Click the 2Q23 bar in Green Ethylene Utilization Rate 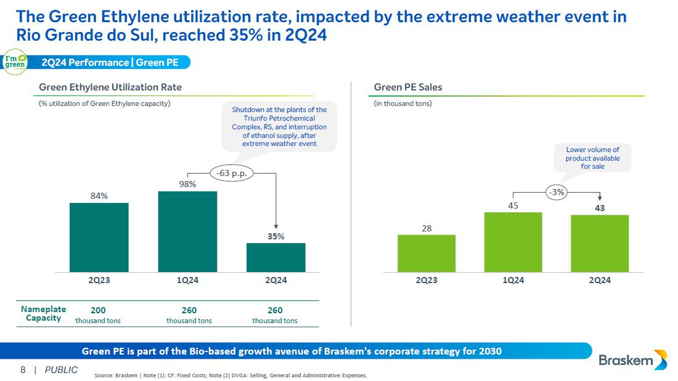(x=99, y=237)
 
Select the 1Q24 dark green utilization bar (x=187, y=231)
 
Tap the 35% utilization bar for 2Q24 (x=276, y=257)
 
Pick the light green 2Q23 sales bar (x=427, y=253)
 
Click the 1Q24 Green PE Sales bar (x=513, y=242)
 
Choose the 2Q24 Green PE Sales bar (x=600, y=243)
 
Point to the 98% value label (x=187, y=184)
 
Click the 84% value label (x=99, y=196)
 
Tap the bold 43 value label (x=600, y=208)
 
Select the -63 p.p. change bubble (x=232, y=173)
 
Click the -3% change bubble (x=557, y=193)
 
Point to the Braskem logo (x=632, y=360)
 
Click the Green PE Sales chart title (x=408, y=87)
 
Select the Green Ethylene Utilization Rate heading (x=110, y=87)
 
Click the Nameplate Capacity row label (x=43, y=313)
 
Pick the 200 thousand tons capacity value (x=98, y=315)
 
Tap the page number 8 (x=23, y=370)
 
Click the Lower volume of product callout (x=592, y=158)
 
